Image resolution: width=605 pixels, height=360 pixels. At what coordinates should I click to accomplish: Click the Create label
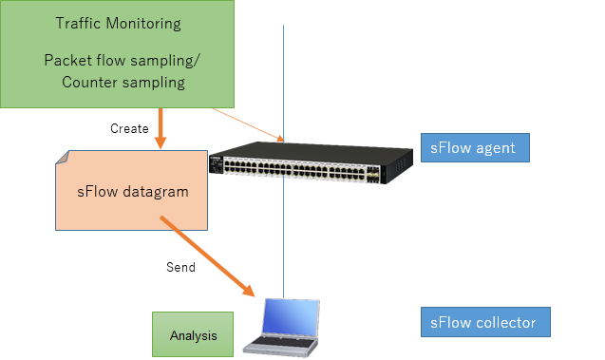tap(129, 128)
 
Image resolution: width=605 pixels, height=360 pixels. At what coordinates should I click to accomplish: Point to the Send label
tap(180, 267)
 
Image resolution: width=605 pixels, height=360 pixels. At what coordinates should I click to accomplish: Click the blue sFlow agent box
tap(474, 147)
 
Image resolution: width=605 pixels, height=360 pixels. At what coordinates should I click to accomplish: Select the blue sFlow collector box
tap(484, 323)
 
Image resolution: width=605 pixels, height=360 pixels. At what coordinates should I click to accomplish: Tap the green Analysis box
tap(194, 335)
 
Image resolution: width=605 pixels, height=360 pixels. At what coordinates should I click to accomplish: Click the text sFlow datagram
tap(133, 191)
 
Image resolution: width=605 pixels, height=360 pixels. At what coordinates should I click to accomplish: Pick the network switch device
tap(311, 163)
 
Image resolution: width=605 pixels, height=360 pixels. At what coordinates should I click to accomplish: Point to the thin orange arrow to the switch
tap(247, 123)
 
